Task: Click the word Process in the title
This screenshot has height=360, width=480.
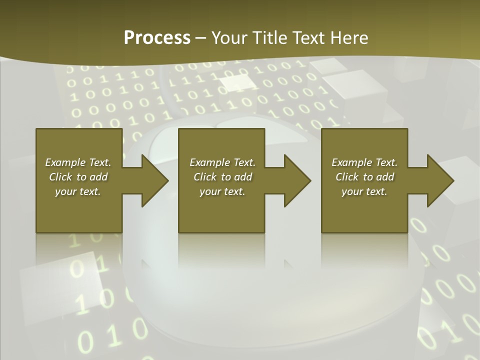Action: (157, 38)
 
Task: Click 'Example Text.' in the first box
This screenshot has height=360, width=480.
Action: (78, 162)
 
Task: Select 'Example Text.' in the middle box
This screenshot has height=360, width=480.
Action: (222, 162)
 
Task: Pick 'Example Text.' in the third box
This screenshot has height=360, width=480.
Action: (364, 162)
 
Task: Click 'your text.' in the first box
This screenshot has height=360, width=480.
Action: (78, 191)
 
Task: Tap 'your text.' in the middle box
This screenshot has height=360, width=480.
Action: (222, 191)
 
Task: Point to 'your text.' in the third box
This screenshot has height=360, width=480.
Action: (364, 191)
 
